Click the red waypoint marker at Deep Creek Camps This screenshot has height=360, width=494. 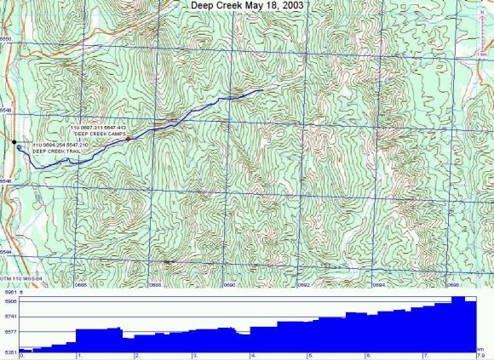tap(128, 139)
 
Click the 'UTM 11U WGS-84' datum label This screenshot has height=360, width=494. tap(19, 277)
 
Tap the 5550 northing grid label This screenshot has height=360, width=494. tap(7, 40)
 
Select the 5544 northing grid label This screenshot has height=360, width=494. tap(7, 252)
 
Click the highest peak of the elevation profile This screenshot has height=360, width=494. tap(457, 298)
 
